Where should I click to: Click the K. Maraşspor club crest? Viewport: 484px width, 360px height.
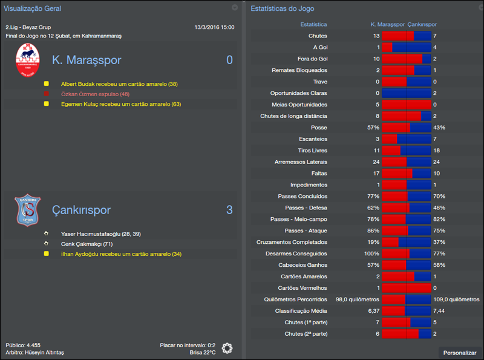tap(28, 61)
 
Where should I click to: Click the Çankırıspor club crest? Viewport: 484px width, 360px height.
tap(28, 210)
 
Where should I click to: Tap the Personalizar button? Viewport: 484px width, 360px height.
tap(460, 352)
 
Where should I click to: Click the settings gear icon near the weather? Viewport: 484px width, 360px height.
tap(227, 348)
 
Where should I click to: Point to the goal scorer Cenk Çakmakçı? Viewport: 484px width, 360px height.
tap(87, 244)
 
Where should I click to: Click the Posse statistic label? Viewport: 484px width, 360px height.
tap(318, 128)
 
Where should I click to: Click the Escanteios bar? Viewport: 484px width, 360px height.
tap(406, 139)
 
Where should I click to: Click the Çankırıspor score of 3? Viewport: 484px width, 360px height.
tap(229, 210)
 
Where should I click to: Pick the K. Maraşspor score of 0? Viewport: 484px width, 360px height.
tap(229, 61)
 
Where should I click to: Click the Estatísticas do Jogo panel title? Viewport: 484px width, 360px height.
tap(282, 8)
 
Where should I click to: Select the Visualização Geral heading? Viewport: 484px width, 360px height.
tap(32, 8)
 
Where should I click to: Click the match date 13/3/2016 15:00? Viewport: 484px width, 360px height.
tap(214, 27)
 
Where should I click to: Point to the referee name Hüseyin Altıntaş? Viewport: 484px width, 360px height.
tap(42, 352)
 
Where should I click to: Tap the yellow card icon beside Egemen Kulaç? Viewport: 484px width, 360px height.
tap(46, 104)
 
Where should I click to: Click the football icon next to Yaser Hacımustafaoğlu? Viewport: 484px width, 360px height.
tap(46, 234)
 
